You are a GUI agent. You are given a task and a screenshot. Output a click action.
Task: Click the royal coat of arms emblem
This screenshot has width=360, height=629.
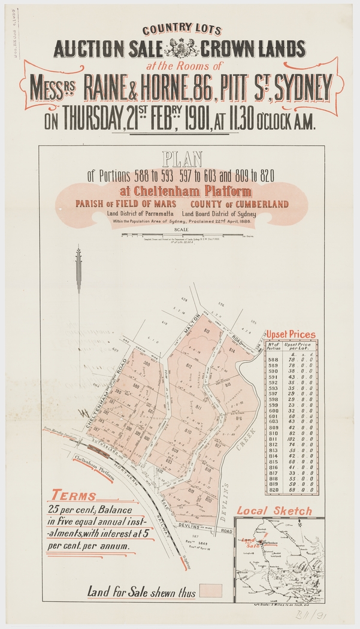coord(179,47)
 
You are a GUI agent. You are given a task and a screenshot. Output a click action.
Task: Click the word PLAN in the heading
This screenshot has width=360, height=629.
coord(181,159)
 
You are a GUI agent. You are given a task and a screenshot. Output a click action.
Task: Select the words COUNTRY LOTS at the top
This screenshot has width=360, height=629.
coord(181,29)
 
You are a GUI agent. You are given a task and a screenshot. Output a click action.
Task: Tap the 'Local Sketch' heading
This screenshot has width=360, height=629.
coord(274,511)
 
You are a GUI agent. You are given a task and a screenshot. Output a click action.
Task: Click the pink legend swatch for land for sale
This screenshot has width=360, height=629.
coord(211,591)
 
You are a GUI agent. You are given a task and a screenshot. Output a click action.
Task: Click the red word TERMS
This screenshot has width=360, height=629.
coord(74,496)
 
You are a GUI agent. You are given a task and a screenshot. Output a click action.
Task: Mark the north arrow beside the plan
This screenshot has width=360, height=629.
coord(78,276)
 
